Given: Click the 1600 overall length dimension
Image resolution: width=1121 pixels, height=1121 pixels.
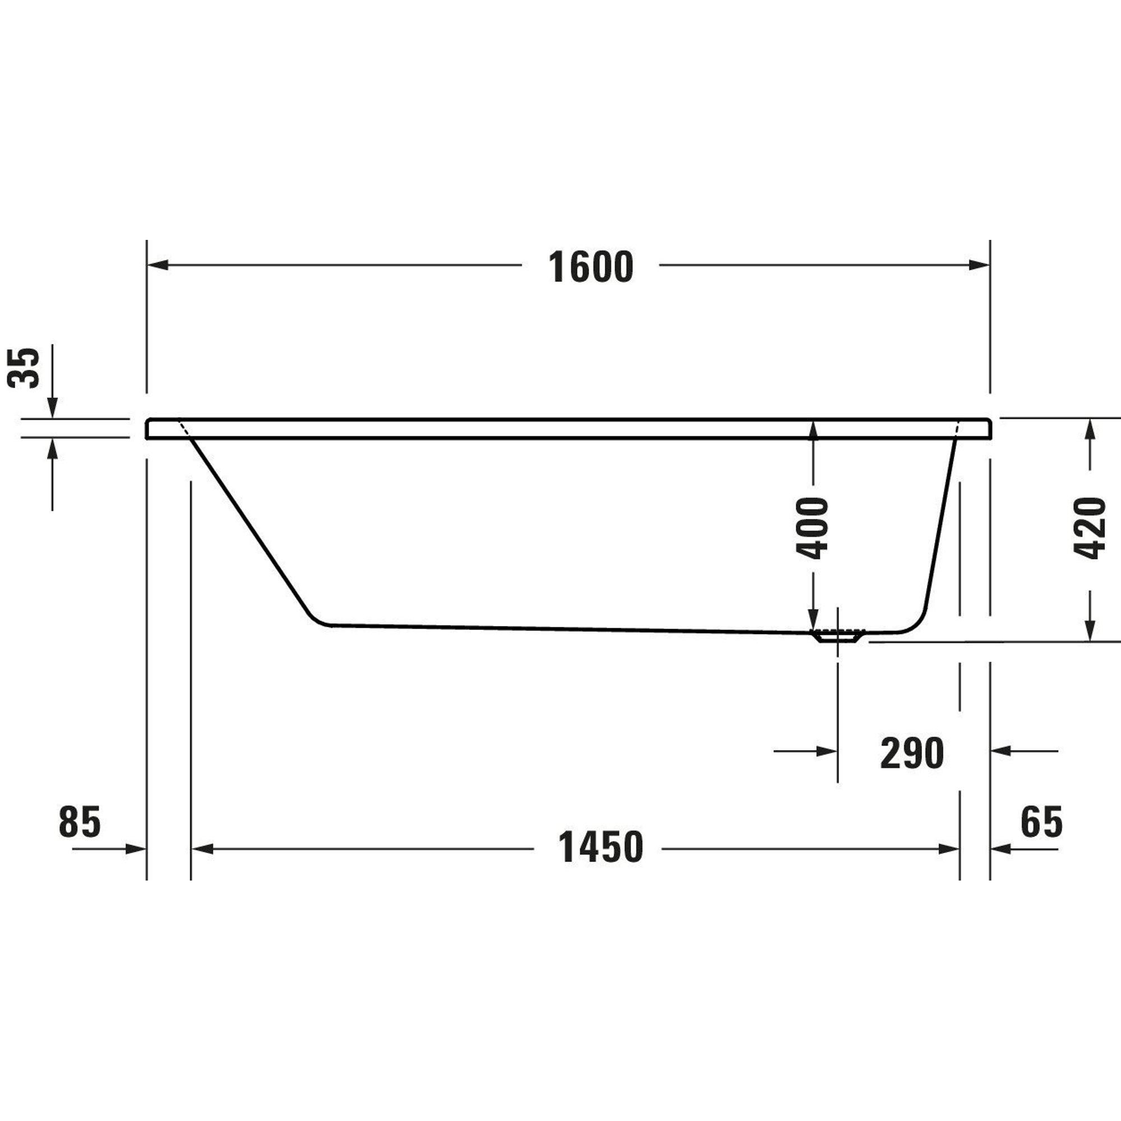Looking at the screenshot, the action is point(591,267).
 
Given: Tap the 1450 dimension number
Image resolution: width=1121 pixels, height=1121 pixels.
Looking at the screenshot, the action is point(600,847).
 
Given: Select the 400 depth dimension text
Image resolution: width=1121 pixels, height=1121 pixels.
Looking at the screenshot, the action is point(812,527).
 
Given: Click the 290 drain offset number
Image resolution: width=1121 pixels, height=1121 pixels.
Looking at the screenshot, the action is point(912,753).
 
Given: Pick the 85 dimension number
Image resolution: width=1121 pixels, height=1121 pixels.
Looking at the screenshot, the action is point(80,822).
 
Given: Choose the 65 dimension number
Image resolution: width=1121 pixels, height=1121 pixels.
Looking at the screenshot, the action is point(1041,822).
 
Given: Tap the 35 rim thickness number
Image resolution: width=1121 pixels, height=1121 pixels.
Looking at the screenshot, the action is point(24,367).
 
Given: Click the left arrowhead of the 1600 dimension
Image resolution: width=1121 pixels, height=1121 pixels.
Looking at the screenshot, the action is point(158,265).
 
